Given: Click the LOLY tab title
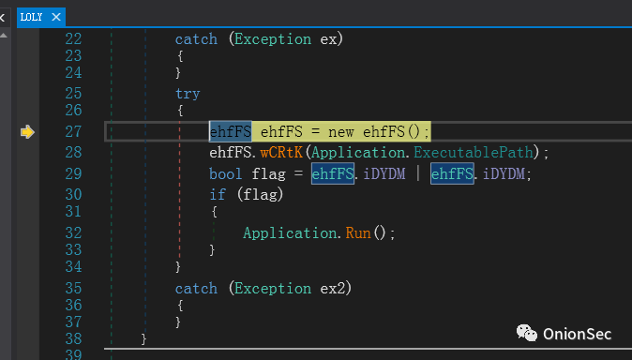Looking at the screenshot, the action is pos(32,17).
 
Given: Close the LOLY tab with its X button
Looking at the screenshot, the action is pos(56,17).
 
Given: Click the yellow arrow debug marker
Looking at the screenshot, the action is pos(27,132).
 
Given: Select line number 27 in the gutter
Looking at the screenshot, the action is pos(73,132).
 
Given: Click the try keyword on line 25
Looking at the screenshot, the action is pos(188,94).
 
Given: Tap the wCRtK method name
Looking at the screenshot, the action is pos(281,153).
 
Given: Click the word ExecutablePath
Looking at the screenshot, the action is pos(474,153).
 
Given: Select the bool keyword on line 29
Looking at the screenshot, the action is pos(226,173).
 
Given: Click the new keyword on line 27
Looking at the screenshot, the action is pos(341,132).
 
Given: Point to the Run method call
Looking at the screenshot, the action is pos(358,233).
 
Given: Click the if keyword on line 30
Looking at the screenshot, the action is pos(218,195).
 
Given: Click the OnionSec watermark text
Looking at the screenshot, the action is pos(578,334).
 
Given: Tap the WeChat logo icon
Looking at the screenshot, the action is pos(527,333).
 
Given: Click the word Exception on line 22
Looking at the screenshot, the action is pos(273,39).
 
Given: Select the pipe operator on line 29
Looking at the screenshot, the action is pos(418,173).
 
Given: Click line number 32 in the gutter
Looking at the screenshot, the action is pos(73,233).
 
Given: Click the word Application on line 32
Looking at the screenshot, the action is pos(290,233).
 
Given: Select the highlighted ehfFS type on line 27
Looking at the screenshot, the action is pos(231,131).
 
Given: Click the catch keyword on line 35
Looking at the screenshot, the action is pos(196,289).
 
